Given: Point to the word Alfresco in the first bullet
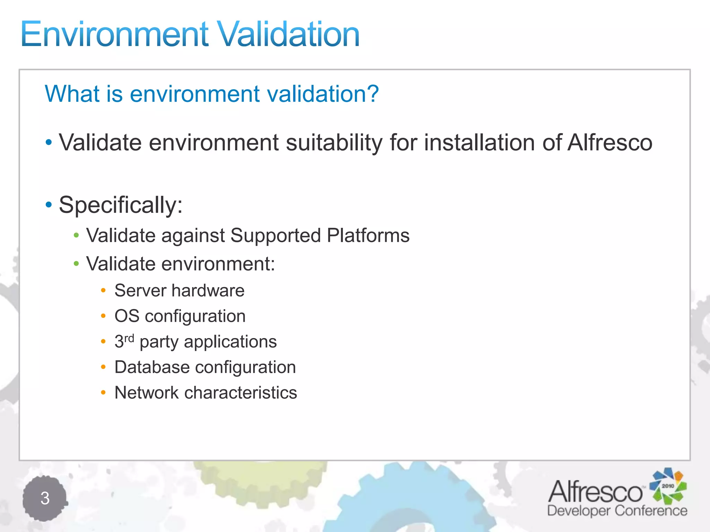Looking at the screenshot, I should coord(610,143).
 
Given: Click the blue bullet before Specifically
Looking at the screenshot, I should coord(49,205).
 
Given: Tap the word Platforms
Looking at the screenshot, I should coord(368,236).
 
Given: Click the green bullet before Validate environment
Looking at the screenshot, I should coord(77,264).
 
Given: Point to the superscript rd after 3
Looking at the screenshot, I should coord(129,338).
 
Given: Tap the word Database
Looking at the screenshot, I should coord(152,367).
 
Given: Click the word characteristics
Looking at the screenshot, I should coord(241,393).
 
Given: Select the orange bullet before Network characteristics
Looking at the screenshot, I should coord(103,392).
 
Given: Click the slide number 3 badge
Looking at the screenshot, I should coord(45,498).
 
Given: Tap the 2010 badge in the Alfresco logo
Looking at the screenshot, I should coord(668,486).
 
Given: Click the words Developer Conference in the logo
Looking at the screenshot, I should coord(617,511).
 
